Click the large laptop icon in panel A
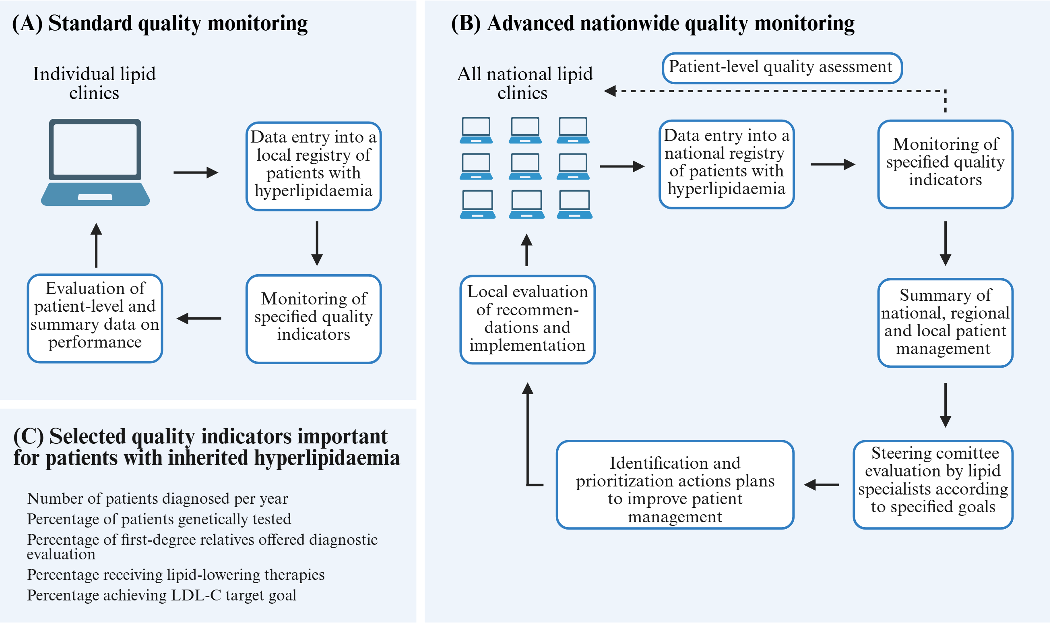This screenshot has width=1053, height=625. pos(95,163)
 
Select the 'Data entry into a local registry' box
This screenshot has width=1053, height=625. pos(314,167)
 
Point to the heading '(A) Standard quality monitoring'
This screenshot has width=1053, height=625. pos(160,24)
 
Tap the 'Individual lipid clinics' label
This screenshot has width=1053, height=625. pos(94,84)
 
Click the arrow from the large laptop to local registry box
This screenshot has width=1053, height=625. pos(196,173)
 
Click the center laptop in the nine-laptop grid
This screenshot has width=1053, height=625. pos(526,167)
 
